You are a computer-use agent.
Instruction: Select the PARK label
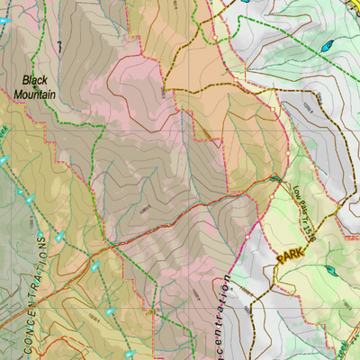pos(291,256)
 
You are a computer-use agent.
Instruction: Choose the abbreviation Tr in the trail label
pos(304,221)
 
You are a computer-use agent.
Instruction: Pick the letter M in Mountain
pos(19,93)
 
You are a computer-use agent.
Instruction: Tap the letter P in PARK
pos(281,258)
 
